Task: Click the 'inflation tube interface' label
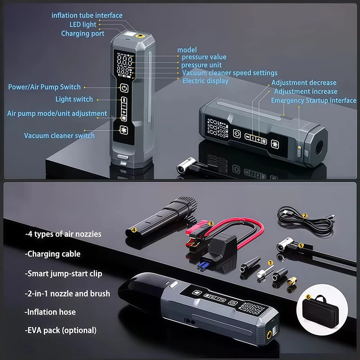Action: pos(87,15)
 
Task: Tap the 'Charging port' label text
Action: pos(83,33)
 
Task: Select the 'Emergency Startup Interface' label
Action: pos(314,101)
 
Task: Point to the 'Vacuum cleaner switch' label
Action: pos(59,135)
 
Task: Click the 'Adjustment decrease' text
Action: pos(304,83)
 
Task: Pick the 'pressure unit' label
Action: pos(202,65)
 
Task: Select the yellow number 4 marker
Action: pos(134,229)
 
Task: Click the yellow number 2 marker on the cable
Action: pos(305,216)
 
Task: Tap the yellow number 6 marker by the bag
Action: pos(308,297)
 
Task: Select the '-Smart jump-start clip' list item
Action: pos(63,274)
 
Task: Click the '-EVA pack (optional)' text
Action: pos(61,330)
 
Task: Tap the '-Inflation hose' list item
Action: pos(50,311)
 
